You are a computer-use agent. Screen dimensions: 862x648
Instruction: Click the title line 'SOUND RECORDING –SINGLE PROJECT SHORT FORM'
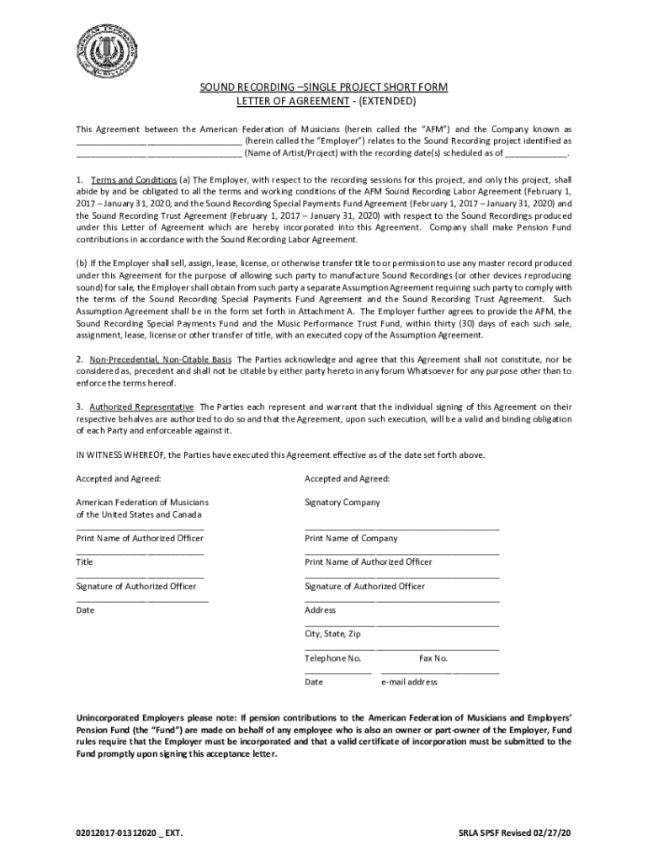(323, 88)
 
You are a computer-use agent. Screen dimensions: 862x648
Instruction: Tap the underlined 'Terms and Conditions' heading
(134, 180)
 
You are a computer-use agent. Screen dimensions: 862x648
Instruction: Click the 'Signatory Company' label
(343, 503)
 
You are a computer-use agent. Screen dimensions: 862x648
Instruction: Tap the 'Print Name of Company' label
(351, 539)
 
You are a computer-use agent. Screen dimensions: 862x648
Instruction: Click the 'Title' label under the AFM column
(85, 562)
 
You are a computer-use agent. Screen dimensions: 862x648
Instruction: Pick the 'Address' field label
(320, 610)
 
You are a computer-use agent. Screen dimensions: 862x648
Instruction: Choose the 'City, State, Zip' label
(332, 634)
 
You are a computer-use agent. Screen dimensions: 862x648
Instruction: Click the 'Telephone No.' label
(332, 658)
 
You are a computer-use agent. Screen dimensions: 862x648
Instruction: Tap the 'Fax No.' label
(433, 658)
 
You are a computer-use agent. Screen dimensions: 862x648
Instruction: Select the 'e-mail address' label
(409, 682)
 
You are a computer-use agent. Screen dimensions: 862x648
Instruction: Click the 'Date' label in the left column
(85, 610)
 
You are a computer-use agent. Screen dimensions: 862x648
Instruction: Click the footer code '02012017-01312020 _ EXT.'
(129, 833)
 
